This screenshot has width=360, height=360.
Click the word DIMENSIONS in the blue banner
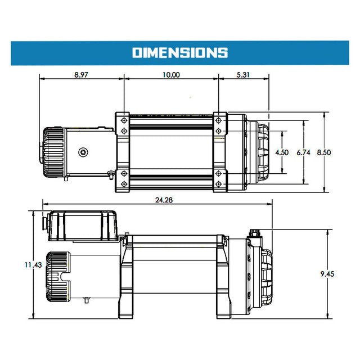(180, 53)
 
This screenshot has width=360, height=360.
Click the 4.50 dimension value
(282, 152)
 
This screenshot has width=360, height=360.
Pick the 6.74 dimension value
(304, 152)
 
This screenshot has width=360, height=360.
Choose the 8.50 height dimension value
(324, 152)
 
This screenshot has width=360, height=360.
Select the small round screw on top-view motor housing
(83, 152)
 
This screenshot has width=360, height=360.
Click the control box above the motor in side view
(83, 227)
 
